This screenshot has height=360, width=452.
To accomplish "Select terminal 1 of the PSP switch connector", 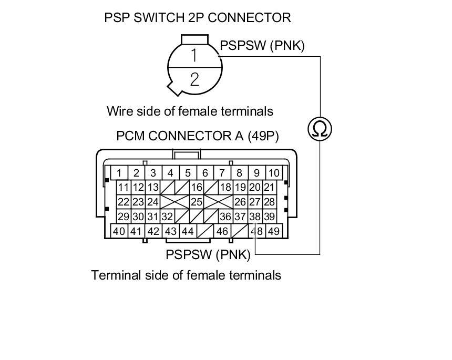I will (x=194, y=55).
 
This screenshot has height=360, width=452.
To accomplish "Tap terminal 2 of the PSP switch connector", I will (x=194, y=79).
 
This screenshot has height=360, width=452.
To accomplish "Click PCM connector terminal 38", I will (x=255, y=217).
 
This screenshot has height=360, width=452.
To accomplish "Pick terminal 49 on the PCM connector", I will (x=274, y=231).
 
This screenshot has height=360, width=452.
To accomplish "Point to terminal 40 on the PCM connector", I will (x=119, y=231).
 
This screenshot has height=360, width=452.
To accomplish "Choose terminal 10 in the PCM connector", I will (x=274, y=173).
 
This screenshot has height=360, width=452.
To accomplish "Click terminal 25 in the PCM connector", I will (x=197, y=202).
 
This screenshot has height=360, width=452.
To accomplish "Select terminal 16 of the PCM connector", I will (x=197, y=188).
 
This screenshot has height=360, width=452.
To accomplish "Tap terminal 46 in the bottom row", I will (x=222, y=231).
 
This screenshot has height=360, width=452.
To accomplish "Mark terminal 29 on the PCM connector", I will (x=124, y=217).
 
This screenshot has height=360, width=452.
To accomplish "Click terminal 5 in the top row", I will (x=188, y=173).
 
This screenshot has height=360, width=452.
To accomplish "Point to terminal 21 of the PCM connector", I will (x=269, y=188).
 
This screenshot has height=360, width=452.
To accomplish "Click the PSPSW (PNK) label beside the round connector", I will (x=262, y=46).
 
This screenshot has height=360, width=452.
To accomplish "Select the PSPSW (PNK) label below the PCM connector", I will (x=208, y=255).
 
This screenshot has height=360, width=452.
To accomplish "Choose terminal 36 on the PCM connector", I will (x=225, y=217).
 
